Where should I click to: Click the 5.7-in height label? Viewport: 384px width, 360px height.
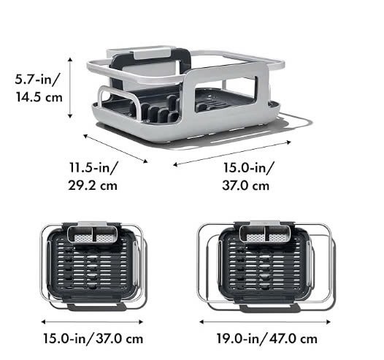(x=37, y=79)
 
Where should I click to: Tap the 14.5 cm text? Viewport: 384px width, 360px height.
(x=39, y=97)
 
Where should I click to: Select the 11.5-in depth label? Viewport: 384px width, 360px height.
(x=93, y=168)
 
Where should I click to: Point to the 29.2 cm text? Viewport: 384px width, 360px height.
(x=93, y=185)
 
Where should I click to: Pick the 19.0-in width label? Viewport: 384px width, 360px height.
(x=239, y=339)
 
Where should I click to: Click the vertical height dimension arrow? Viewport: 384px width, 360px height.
(x=70, y=88)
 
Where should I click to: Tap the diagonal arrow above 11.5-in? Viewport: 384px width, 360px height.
(x=115, y=148)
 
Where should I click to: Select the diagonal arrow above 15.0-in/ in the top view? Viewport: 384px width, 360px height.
(x=232, y=153)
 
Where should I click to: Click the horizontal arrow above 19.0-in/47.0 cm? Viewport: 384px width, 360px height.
(x=265, y=321)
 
